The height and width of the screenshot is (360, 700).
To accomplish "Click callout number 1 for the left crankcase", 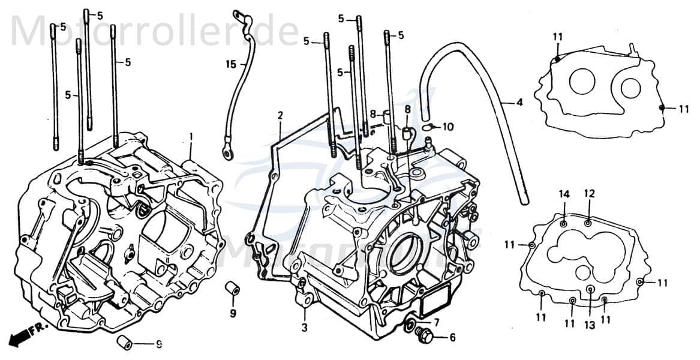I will coord(191,137).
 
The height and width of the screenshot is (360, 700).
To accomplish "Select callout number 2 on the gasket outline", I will coord(280,115).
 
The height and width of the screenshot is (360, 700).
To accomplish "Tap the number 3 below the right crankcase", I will coord(305,328).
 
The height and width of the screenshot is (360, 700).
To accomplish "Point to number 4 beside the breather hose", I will coord(519,103).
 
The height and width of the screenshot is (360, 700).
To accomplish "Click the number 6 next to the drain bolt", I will coord(452,337).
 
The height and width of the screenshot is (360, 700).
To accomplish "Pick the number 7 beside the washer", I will coord(436,323).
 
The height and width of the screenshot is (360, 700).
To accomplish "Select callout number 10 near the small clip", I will coord(448,127).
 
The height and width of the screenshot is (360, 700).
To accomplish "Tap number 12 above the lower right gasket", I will coord(589,194).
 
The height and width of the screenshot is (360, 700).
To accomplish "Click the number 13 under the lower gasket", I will coord(589,325).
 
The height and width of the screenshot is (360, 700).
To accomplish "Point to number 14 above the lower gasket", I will coord(564,194).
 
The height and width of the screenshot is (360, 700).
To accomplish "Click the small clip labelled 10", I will coord(428,127).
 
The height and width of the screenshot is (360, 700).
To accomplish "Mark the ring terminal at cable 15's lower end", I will coord(229,154).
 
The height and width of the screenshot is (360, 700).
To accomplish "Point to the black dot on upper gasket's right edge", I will coord(661,108).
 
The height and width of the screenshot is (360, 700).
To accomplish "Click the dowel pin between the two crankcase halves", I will coord(233,289).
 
